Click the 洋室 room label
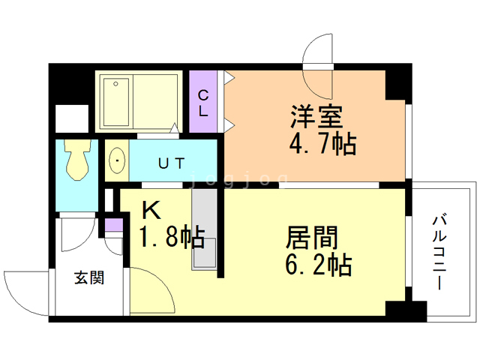tap(317, 116)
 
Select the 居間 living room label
tap(311, 238)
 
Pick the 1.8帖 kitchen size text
tap(171, 238)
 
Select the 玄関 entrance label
tap(88, 278)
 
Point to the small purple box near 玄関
tap(113, 223)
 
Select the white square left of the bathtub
tap(73, 119)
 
